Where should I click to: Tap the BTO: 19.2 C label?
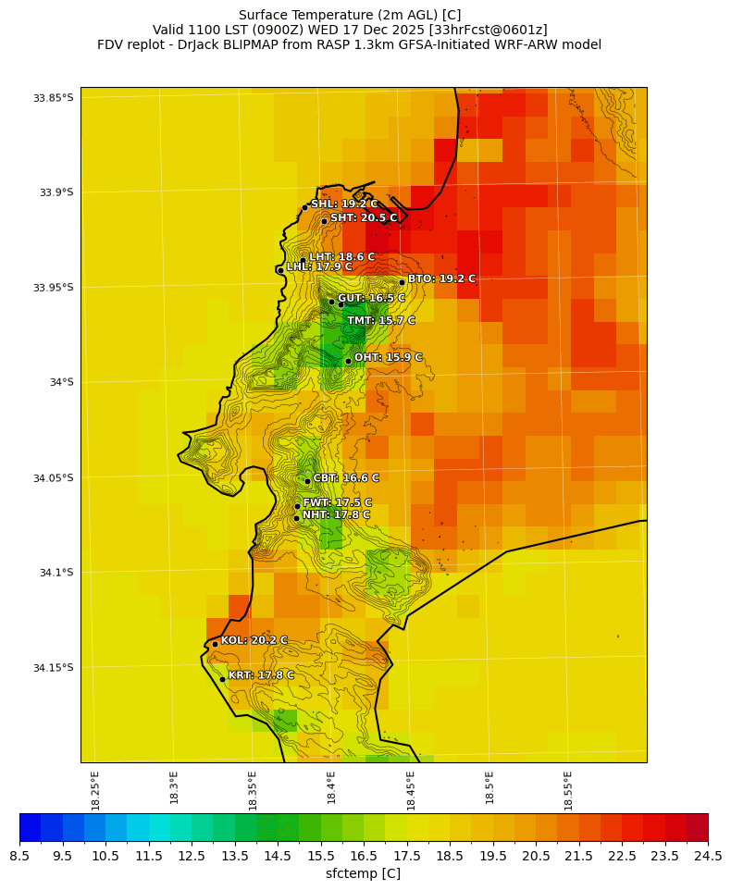(x=441, y=278)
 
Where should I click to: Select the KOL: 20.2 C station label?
(x=254, y=640)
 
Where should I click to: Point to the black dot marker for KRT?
(x=222, y=679)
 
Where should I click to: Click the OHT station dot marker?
(x=348, y=361)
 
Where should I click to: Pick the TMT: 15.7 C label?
(x=380, y=321)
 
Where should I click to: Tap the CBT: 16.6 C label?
(x=346, y=478)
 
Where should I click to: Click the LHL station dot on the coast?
(x=280, y=270)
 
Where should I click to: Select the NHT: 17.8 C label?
(x=336, y=515)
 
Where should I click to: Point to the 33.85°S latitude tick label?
(x=53, y=98)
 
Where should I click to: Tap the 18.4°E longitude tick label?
(x=331, y=790)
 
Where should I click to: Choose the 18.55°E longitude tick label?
(x=568, y=790)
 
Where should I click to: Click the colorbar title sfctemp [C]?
(x=363, y=873)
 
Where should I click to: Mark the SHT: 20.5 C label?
(x=364, y=218)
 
